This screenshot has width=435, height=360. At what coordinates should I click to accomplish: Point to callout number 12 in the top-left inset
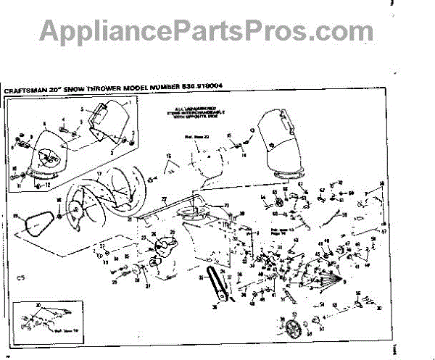(49, 184)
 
